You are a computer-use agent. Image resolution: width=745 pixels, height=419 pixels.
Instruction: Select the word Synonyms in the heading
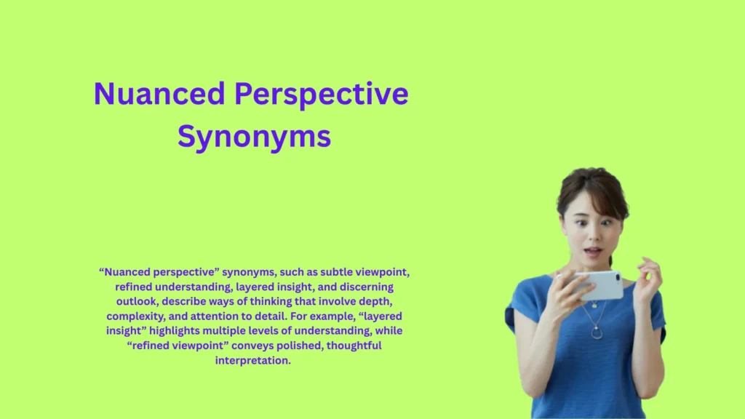[x=254, y=136]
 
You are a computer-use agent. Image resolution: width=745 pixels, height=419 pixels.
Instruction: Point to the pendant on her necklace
[x=597, y=334]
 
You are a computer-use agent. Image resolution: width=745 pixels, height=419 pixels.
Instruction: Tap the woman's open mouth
[x=592, y=252]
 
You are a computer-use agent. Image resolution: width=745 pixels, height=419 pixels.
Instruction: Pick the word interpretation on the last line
[x=253, y=360]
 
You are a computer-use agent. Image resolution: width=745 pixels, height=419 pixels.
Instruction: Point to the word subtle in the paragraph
[x=338, y=272]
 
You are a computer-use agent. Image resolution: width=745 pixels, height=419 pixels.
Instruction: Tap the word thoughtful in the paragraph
[x=354, y=346]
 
